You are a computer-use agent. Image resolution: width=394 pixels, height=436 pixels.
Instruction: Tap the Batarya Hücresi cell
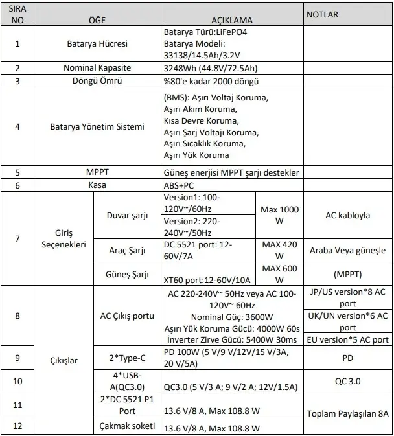(97, 45)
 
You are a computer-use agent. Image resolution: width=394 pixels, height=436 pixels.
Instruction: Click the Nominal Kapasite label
(97, 68)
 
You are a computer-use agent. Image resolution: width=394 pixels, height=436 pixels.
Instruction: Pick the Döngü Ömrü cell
(97, 81)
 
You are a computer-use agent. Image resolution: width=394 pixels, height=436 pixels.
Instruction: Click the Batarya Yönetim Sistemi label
(97, 126)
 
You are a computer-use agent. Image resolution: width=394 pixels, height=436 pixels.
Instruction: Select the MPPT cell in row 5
(97, 173)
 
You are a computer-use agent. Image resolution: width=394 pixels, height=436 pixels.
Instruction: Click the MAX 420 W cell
(279, 250)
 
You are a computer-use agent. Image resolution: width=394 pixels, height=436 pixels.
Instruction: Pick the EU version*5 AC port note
(348, 339)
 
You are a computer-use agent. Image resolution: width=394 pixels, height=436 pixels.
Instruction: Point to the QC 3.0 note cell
(348, 381)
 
